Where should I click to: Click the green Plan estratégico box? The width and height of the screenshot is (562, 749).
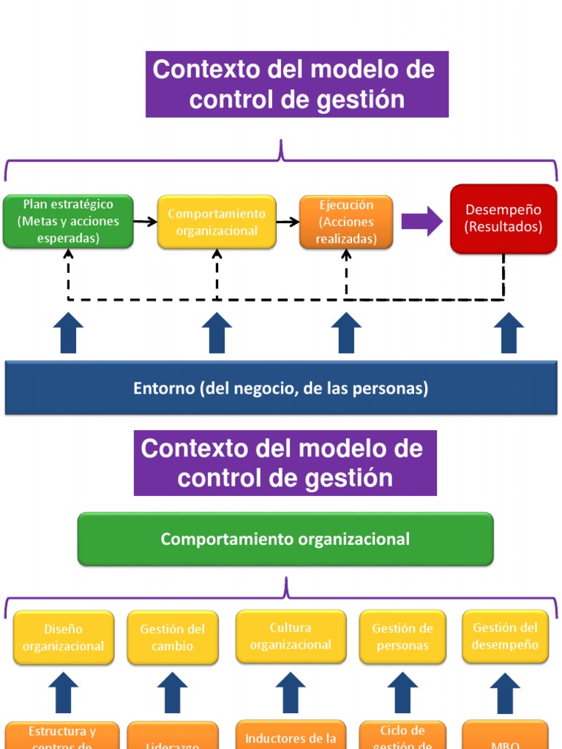68,222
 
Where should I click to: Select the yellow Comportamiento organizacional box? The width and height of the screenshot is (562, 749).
217,222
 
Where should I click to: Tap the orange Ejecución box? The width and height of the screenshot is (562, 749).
346,222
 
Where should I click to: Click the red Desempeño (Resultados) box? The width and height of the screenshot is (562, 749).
503,219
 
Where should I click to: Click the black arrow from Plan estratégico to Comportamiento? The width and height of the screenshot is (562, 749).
146,222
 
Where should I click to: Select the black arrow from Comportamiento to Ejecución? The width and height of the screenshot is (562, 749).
288,222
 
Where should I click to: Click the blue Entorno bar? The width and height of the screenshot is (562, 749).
280,388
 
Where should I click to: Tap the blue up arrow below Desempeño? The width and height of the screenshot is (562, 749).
509,333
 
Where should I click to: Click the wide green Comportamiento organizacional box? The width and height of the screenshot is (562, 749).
285,539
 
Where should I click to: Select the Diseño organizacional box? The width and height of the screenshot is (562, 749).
64,637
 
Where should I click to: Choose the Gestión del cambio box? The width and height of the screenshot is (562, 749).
173,637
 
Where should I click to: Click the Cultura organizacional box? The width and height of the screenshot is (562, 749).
291,636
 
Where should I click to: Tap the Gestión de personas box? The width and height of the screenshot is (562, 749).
402,637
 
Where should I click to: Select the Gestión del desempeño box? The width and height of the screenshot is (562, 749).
505,636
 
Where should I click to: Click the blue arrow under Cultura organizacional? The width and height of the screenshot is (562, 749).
291,693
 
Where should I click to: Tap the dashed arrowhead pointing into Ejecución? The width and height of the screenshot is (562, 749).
346,255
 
